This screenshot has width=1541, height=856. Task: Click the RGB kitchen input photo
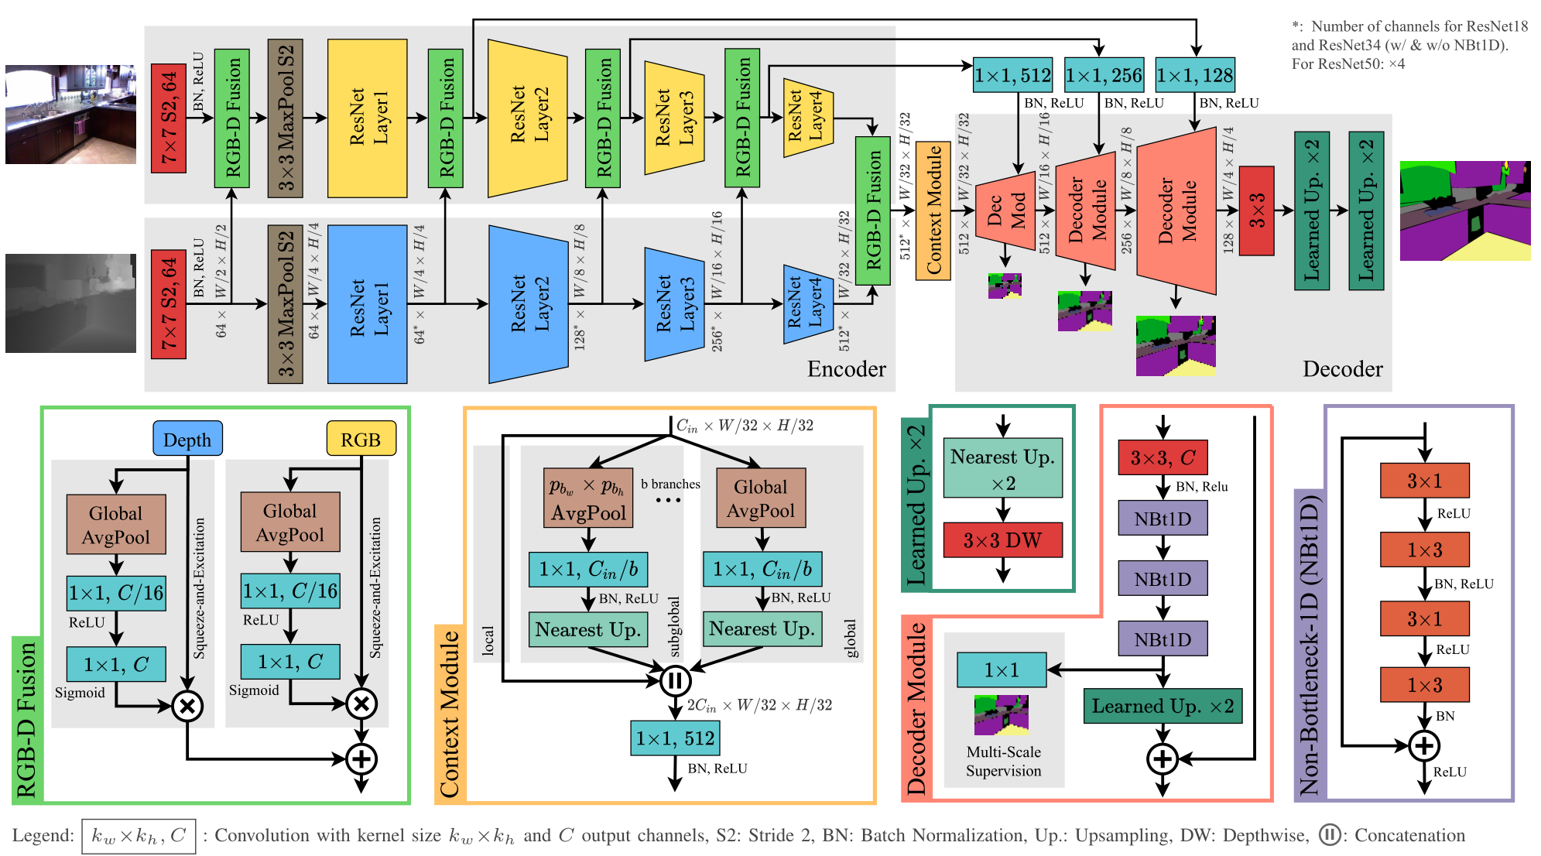click(70, 115)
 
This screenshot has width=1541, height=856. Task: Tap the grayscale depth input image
click(70, 303)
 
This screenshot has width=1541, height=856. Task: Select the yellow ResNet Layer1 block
click(368, 118)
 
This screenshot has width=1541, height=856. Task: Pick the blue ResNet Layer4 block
click(808, 304)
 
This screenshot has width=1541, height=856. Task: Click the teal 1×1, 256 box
click(1104, 75)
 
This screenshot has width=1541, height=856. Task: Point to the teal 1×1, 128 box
click(1195, 75)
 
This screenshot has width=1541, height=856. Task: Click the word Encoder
click(846, 368)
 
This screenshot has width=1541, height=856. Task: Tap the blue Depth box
click(187, 439)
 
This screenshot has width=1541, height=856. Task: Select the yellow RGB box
click(361, 439)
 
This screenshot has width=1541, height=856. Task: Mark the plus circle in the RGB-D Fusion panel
click(361, 758)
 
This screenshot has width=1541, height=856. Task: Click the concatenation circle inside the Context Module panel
click(675, 681)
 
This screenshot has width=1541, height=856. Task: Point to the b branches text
click(670, 484)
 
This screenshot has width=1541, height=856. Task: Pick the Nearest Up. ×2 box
click(1002, 468)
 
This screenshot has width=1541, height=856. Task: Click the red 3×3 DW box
click(1002, 539)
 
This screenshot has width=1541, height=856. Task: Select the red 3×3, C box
click(1163, 457)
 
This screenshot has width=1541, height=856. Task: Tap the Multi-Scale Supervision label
click(1003, 761)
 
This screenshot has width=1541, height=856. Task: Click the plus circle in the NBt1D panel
click(1424, 746)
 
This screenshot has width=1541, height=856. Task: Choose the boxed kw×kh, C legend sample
click(139, 836)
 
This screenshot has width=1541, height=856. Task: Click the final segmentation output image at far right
click(1465, 211)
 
